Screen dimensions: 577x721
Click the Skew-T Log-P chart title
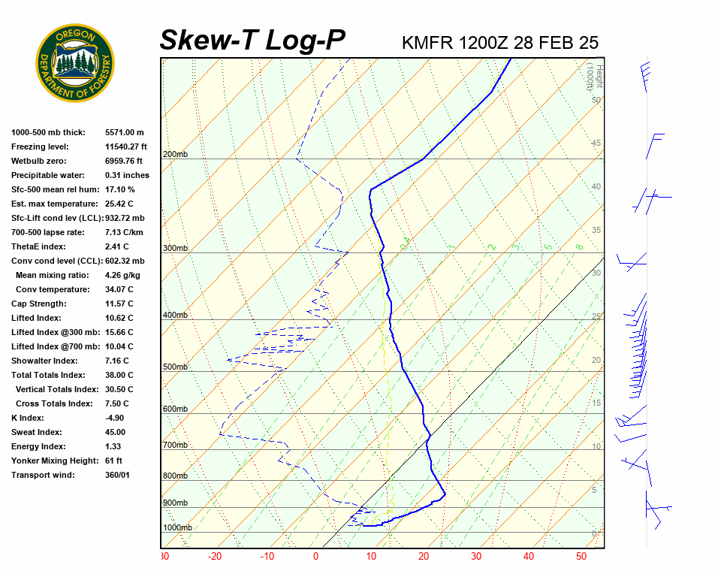tap(252, 40)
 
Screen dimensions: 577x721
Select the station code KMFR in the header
tap(427, 42)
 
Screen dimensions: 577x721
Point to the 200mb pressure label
tap(175, 155)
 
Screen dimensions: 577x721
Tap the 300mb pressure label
tap(175, 248)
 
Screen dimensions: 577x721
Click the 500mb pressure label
tap(175, 367)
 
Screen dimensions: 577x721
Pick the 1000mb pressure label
tap(177, 527)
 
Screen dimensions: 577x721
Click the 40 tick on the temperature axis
tap(529, 557)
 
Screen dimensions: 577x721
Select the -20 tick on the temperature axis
tap(215, 557)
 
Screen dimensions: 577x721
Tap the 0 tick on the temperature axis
tap(315, 557)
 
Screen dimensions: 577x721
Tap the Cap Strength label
tap(39, 304)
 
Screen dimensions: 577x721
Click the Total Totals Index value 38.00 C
tap(119, 375)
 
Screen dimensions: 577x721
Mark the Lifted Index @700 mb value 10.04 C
tap(119, 346)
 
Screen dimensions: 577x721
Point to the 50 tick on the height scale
tap(596, 100)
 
